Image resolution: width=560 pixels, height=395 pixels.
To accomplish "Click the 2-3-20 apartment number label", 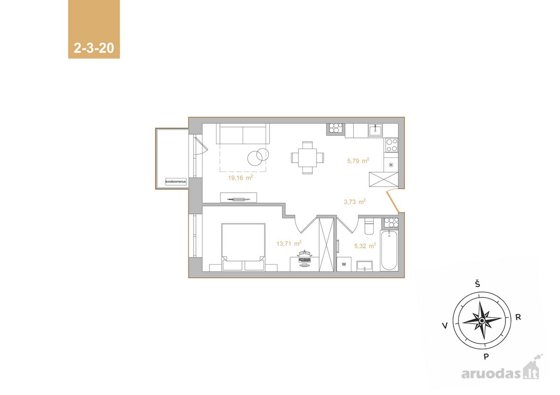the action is pos(94,48).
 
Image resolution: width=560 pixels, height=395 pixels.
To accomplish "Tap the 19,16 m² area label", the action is pos(240,177).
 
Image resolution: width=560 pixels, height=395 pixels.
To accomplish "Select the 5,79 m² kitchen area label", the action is pos(358,161).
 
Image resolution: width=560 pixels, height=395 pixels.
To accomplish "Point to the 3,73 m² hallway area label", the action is pos(355,202).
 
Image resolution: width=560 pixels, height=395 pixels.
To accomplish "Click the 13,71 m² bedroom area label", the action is pos(289,243).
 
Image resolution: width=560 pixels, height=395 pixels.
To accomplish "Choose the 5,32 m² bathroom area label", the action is pos(365,246).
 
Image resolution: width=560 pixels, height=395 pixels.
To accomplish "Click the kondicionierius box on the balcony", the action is pos(176,181).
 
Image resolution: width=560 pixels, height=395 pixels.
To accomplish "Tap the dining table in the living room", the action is pos(307,157).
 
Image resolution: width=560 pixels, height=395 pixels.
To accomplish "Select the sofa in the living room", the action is pos(243,134).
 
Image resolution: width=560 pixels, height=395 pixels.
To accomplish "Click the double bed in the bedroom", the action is pos(243,247).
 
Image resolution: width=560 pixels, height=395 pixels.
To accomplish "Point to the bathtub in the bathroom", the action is pos(389,250).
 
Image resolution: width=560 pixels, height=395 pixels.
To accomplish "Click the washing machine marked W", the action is pos(344,264).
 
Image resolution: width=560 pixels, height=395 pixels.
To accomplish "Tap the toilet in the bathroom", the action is pos(369,226).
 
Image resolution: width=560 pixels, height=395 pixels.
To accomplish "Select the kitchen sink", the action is pos(375,130).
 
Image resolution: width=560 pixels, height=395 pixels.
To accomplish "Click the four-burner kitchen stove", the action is pos(391,145).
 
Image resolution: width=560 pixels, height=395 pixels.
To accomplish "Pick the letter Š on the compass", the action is pos(477,284).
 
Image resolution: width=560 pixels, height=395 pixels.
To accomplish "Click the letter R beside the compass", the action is pos(518,317).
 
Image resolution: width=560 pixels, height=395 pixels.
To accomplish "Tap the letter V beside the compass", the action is pos(445,326).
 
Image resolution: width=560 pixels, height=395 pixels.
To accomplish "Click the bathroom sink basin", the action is pos(364,266).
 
